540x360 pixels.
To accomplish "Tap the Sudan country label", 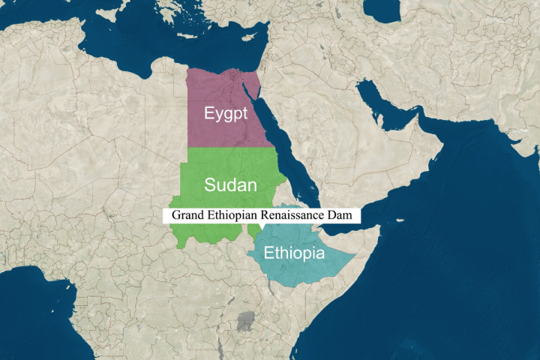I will click(x=231, y=185).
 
